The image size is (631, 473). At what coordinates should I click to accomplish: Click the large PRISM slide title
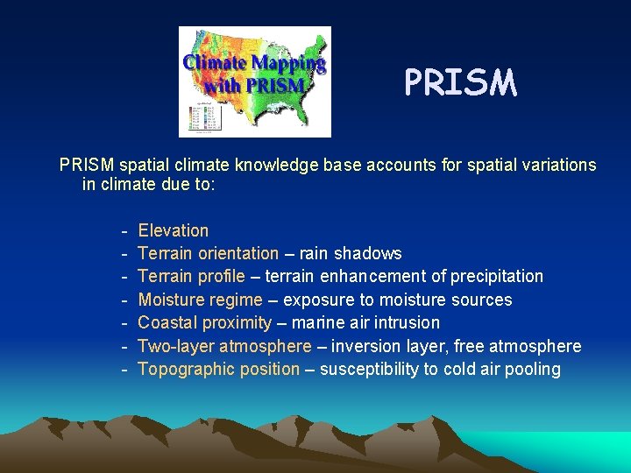coord(460,83)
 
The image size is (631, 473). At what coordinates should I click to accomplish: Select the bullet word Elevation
coord(174,231)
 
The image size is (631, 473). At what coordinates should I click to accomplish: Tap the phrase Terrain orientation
coord(209,254)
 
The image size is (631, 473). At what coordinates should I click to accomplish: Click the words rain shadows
coord(351,254)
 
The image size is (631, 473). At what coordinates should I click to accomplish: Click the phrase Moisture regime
coord(201,300)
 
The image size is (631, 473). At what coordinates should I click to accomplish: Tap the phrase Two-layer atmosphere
coord(224,346)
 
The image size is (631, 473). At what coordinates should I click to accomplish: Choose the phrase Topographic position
coord(219,369)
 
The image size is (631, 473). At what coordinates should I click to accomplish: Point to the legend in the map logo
coord(193,118)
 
